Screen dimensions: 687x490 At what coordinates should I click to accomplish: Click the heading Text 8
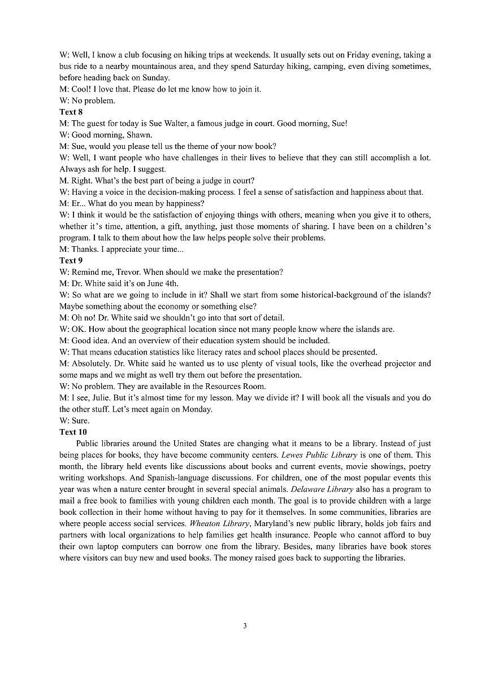click(71, 112)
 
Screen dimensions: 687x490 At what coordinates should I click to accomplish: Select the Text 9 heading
click(71, 260)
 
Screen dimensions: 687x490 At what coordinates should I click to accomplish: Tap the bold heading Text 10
click(73, 432)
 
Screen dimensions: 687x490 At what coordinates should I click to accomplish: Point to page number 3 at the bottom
click(245, 625)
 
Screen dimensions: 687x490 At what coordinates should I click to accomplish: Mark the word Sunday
click(157, 77)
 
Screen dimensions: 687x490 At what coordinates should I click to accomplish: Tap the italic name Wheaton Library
click(219, 523)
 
